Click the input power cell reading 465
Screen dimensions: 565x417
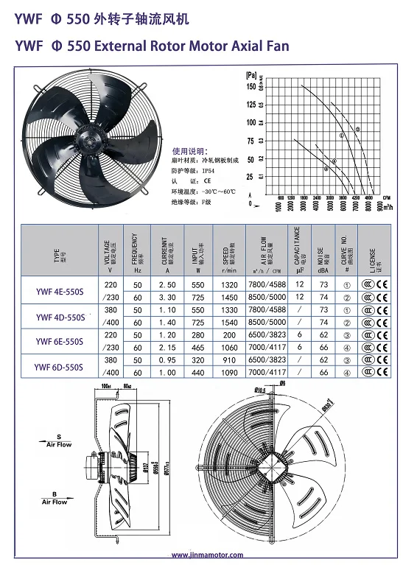click(197, 347)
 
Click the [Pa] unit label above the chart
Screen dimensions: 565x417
click(251, 75)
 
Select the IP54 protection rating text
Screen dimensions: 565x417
click(193, 168)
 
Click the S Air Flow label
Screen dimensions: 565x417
click(58, 441)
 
